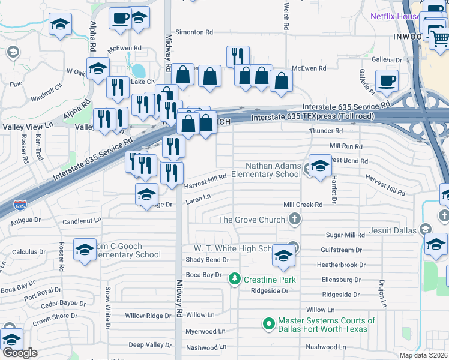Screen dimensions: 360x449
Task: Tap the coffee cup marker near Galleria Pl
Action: [x=387, y=80]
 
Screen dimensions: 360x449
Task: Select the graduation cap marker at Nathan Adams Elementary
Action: [x=320, y=166]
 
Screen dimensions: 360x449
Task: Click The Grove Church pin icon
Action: [x=294, y=220]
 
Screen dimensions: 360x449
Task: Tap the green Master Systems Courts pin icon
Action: [x=269, y=325]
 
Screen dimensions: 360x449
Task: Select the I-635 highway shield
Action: [x=21, y=206]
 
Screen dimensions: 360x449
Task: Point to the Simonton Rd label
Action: [x=194, y=32]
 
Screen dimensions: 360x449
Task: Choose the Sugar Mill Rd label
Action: [x=345, y=236]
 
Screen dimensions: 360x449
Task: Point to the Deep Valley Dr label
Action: [x=150, y=345]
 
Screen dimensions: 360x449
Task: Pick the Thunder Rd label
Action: [x=325, y=131]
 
